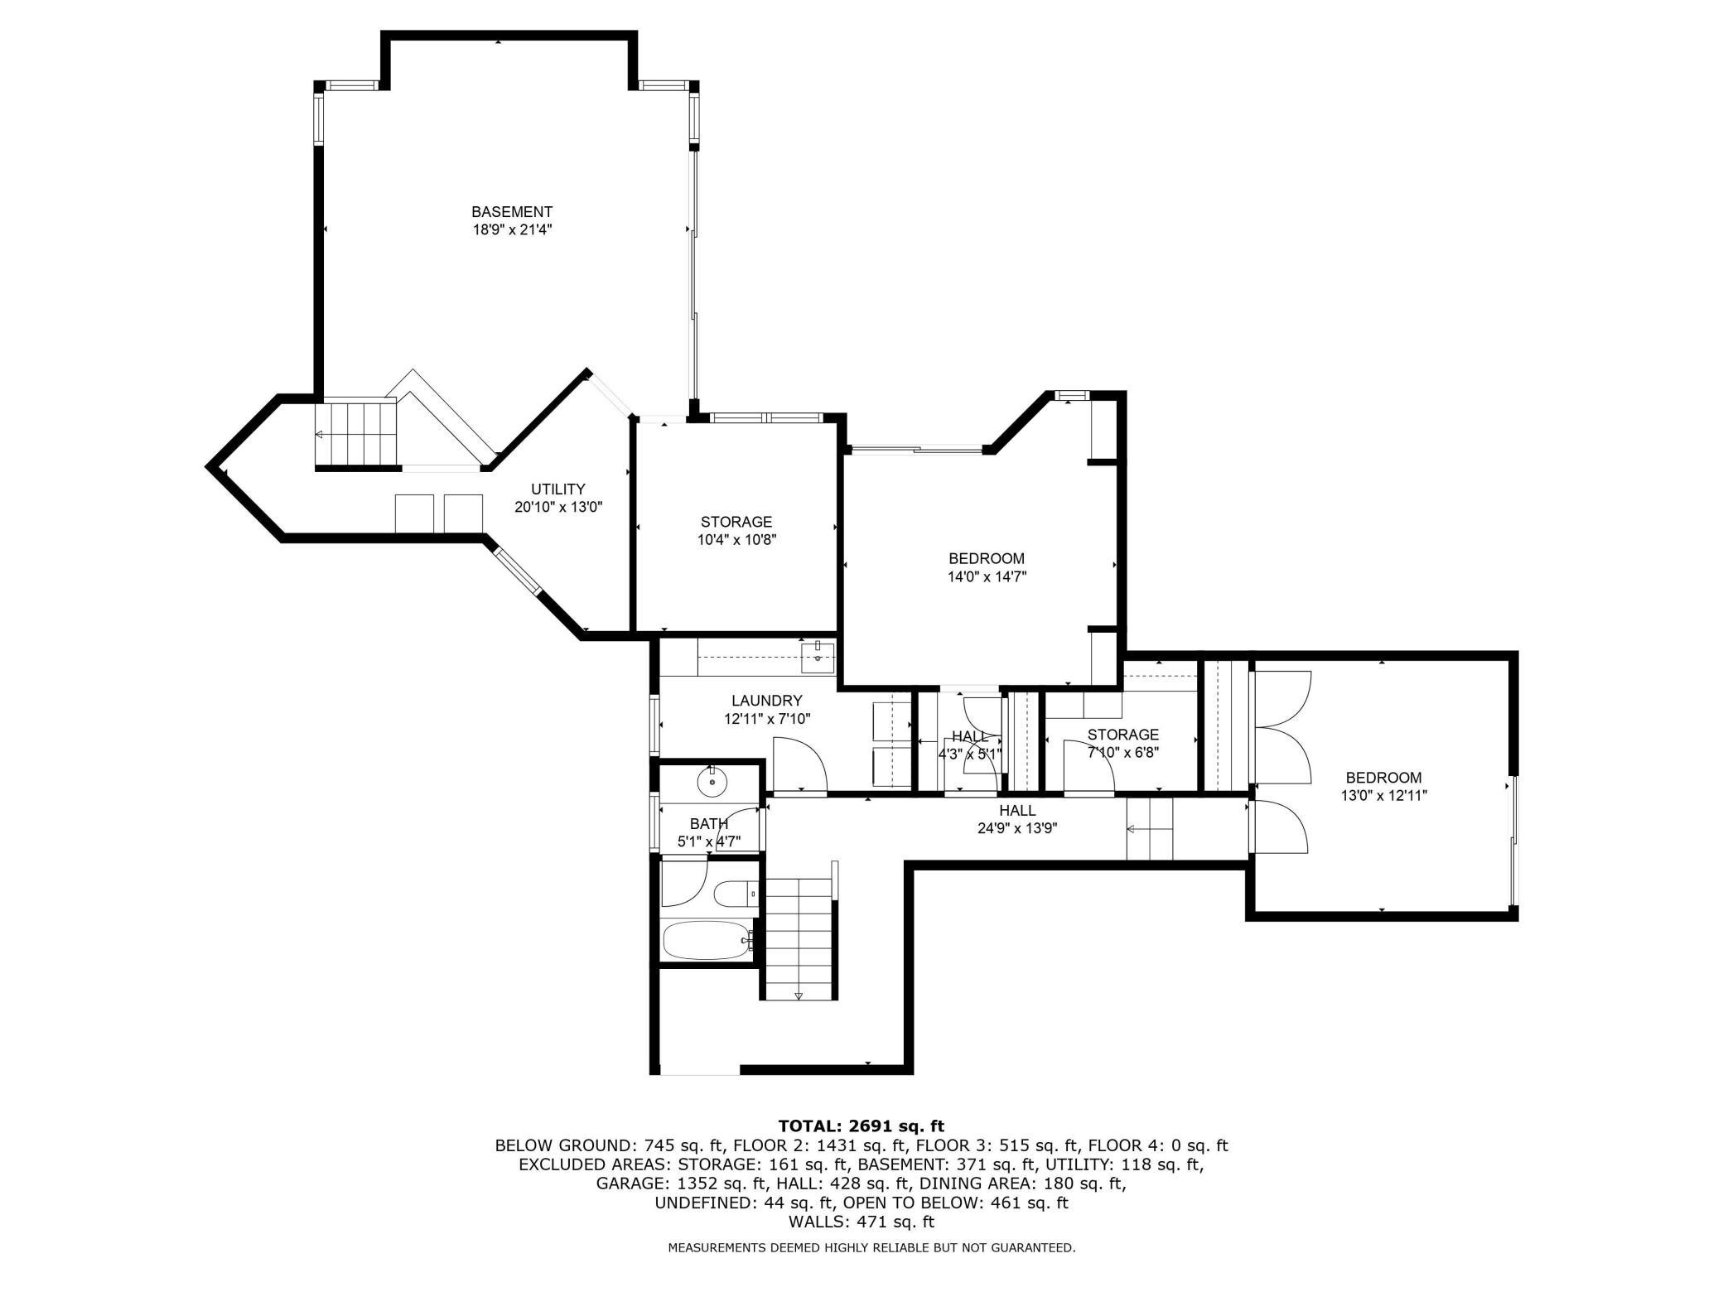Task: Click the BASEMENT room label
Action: tap(511, 212)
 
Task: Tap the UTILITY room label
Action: tap(557, 489)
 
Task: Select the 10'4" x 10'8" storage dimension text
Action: tap(736, 540)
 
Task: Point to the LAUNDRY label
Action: tap(766, 701)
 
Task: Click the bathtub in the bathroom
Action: tap(707, 940)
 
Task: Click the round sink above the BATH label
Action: tap(711, 780)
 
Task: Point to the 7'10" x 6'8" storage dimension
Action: tap(1122, 753)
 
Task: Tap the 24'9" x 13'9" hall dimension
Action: tap(1016, 827)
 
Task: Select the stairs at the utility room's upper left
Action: tap(356, 434)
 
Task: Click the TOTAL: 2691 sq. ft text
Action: tap(861, 1126)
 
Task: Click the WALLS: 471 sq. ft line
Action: tap(861, 1222)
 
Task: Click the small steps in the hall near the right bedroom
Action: tap(1150, 829)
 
